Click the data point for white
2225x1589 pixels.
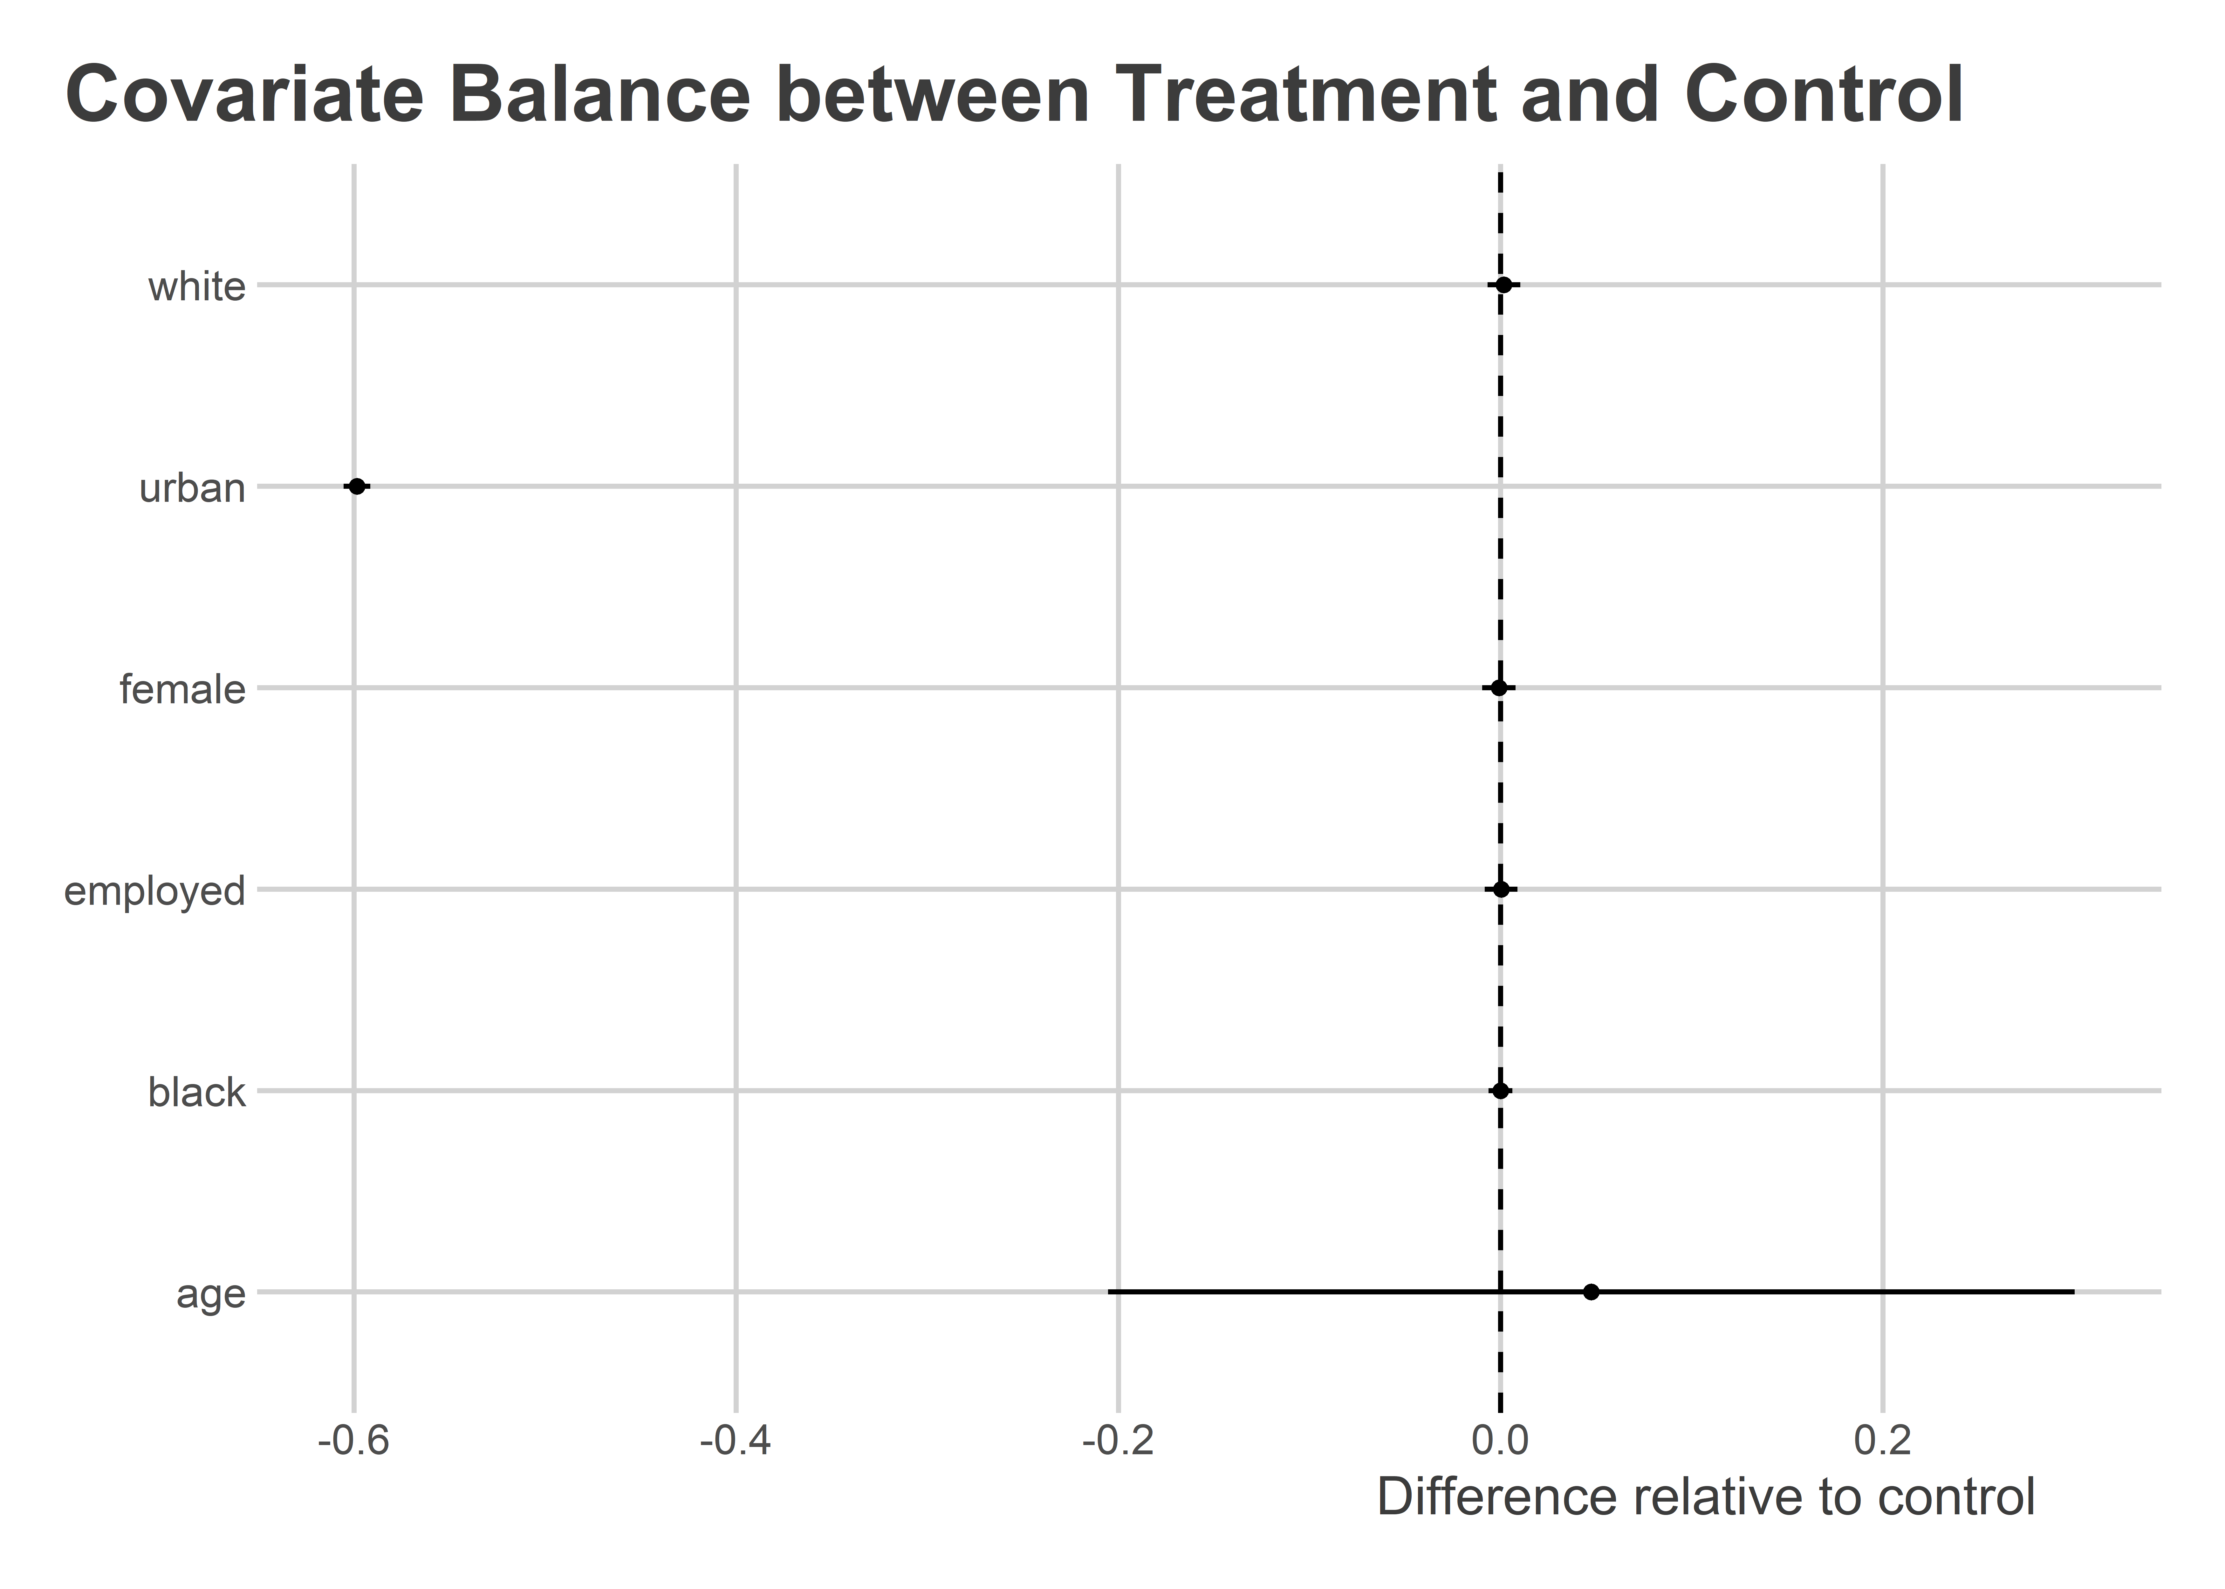(x=1504, y=285)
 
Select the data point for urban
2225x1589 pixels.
(x=357, y=486)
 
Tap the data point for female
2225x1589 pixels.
(x=1498, y=688)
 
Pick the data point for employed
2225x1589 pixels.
(x=1501, y=890)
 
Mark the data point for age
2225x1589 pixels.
(x=1591, y=1292)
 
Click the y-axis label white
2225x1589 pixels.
(x=197, y=287)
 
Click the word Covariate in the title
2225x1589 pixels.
(x=245, y=95)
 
